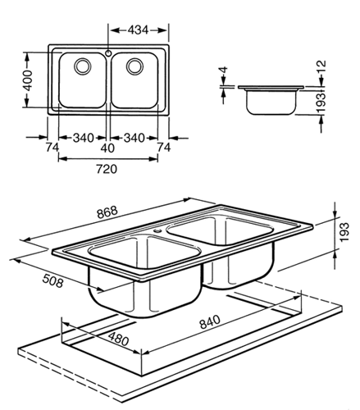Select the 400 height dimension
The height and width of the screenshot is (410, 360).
27,80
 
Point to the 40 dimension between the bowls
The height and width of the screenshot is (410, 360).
109,148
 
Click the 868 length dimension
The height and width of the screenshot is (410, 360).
107,212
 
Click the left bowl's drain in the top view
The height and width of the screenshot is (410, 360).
83,66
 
